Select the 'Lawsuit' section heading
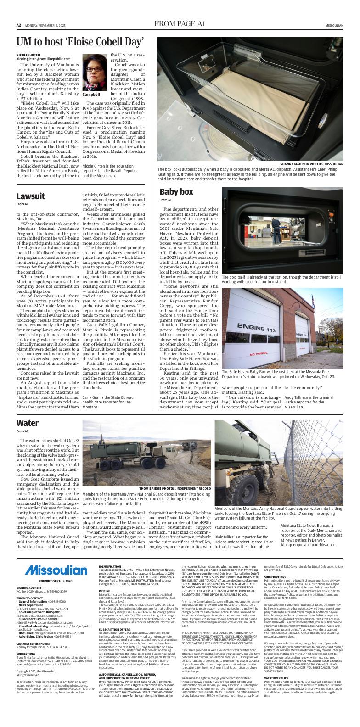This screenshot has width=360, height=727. [30, 196]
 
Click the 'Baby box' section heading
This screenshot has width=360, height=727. [176, 192]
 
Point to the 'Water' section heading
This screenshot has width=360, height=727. [27, 423]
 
